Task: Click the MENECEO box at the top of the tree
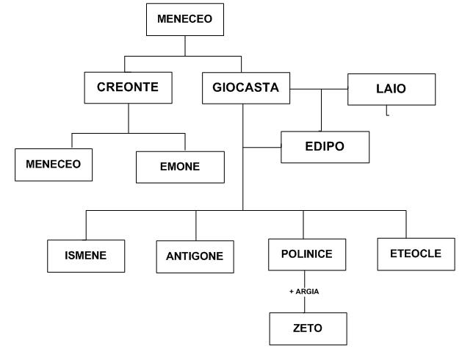(x=184, y=20)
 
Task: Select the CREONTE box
(x=129, y=88)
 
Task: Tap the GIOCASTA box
(x=245, y=88)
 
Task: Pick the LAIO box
(x=391, y=88)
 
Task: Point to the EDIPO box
(x=325, y=146)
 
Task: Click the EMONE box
(x=180, y=168)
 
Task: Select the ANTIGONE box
(x=195, y=258)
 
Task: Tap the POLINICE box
(x=302, y=255)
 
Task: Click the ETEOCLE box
(x=414, y=253)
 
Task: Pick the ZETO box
(x=302, y=328)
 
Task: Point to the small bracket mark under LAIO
(x=387, y=113)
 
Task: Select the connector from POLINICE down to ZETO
(x=302, y=303)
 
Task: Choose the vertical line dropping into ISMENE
(x=86, y=225)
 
